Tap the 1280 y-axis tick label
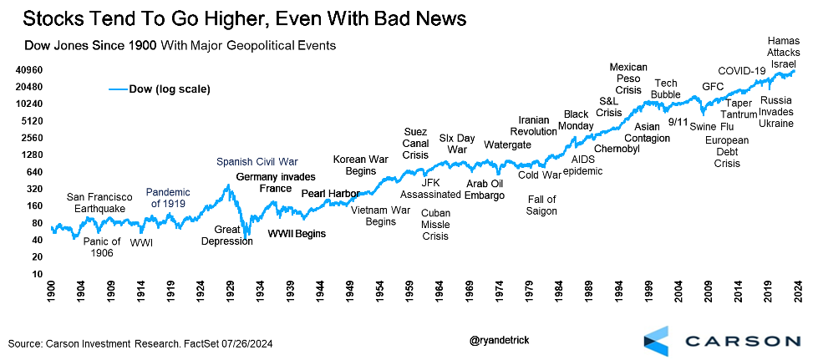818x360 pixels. [32, 155]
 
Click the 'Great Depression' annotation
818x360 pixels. [227, 235]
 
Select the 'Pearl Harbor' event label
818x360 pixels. [330, 194]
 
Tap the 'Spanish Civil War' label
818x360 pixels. [257, 162]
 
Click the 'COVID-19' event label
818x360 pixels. [742, 71]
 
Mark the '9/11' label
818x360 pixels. [678, 122]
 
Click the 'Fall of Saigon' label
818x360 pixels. [541, 205]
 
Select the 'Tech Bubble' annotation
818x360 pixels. [666, 89]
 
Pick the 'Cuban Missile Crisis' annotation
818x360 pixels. [434, 225]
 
